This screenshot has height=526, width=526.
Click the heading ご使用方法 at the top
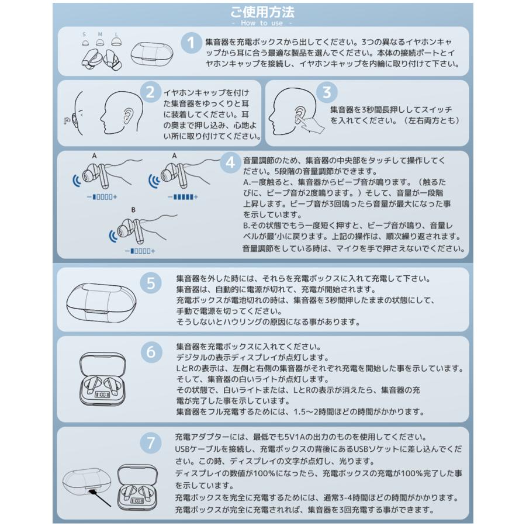point(262,12)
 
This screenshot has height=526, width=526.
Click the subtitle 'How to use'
point(262,23)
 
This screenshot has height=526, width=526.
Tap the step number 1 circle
point(191,43)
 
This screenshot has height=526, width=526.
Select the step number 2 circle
point(151,92)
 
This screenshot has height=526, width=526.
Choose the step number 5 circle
point(151,284)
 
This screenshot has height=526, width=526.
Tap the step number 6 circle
point(151,352)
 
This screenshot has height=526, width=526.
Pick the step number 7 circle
point(151,442)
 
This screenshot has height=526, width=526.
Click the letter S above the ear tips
point(84,34)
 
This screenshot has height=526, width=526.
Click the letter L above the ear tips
point(116,34)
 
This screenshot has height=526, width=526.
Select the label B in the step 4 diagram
point(134,209)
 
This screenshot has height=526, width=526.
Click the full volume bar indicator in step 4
point(183,197)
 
